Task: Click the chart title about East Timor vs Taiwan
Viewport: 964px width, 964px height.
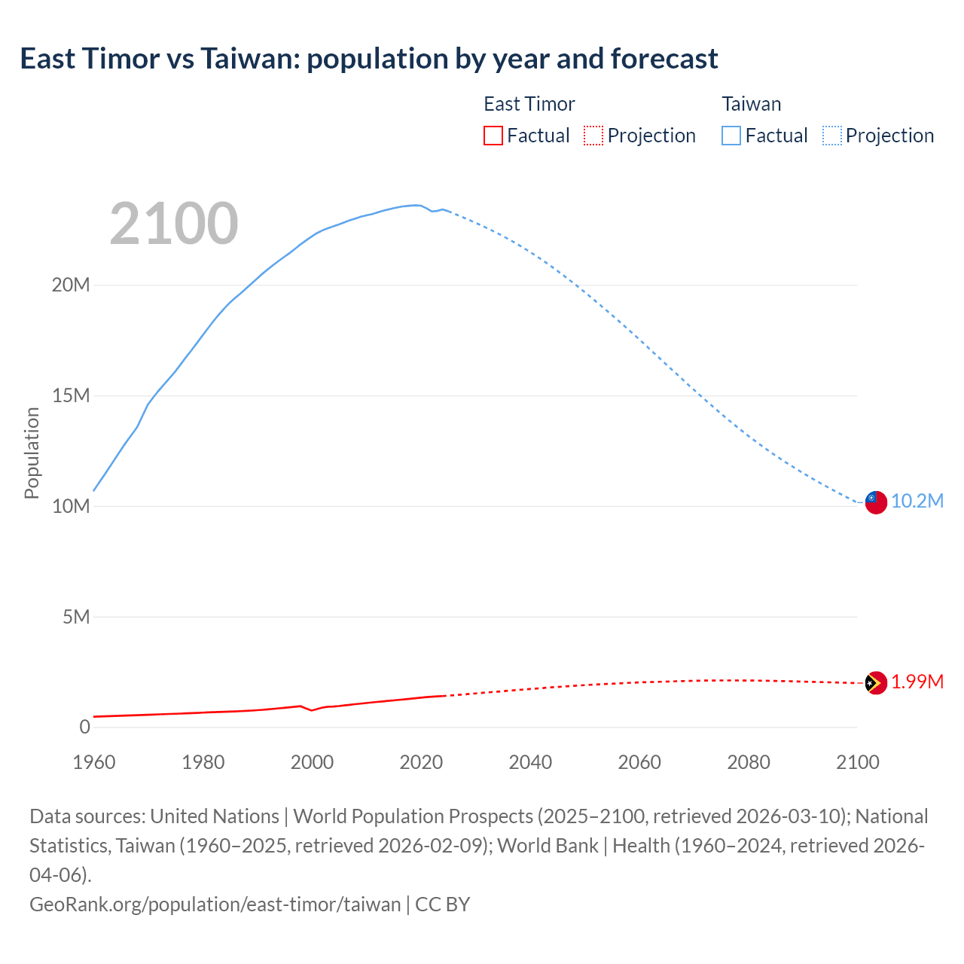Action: point(369,59)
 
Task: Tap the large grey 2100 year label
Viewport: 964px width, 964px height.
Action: point(174,224)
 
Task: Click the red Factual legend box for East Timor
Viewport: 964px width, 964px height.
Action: point(493,136)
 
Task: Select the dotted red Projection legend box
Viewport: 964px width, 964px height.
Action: point(593,136)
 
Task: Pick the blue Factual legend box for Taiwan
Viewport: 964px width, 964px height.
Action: point(731,136)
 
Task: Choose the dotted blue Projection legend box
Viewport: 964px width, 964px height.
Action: point(832,136)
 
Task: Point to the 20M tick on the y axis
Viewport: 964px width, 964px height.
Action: point(71,285)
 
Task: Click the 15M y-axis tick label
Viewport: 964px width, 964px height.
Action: point(71,396)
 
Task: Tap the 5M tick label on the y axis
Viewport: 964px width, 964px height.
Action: point(76,618)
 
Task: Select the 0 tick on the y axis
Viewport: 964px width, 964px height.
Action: point(84,728)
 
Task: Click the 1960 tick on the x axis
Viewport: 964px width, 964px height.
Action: point(94,762)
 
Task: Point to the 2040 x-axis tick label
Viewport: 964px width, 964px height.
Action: point(530,762)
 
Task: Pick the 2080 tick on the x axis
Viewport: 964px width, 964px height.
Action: point(749,762)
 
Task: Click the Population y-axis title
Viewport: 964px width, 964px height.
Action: point(32,453)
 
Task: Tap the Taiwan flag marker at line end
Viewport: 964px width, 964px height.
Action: point(875,502)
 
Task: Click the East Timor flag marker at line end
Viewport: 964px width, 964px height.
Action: point(875,683)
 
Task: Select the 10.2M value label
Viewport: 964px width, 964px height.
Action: point(917,502)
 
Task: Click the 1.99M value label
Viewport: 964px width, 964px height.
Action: point(917,682)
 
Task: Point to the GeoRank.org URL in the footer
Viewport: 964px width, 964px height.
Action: point(215,905)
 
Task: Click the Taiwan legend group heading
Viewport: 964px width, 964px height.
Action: point(752,104)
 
